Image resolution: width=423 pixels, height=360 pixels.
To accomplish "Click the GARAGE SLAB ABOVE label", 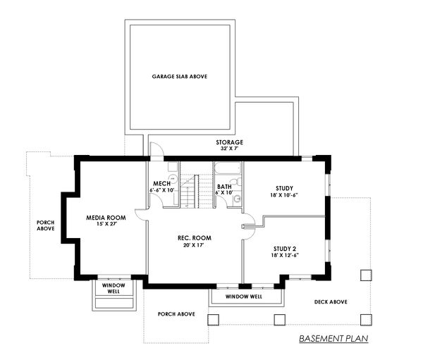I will point(179,76).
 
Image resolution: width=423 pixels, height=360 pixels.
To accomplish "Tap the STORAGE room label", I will point(229,142).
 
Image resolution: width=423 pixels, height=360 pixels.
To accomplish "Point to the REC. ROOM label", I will point(195,238).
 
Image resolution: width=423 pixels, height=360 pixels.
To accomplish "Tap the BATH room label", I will point(225,187).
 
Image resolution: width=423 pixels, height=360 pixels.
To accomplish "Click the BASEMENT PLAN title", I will point(333,339).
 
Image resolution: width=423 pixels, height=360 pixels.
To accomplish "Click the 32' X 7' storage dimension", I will point(229,149).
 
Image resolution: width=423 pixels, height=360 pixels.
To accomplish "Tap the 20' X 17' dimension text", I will point(195,246).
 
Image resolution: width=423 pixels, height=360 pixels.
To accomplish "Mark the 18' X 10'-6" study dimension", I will point(284,196).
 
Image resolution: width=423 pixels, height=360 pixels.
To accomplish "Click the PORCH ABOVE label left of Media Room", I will point(47,225).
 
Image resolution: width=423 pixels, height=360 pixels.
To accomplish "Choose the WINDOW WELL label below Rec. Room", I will point(243,297).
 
